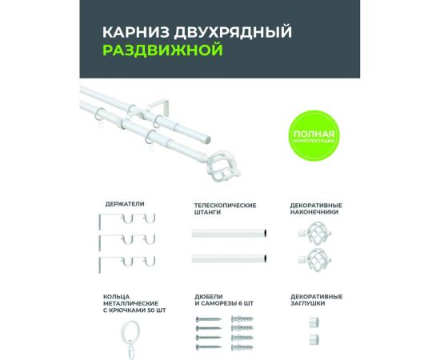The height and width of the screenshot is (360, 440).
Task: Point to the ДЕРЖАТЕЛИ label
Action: [126, 205]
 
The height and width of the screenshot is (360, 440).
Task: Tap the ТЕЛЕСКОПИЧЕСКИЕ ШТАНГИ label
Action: [225, 210]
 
